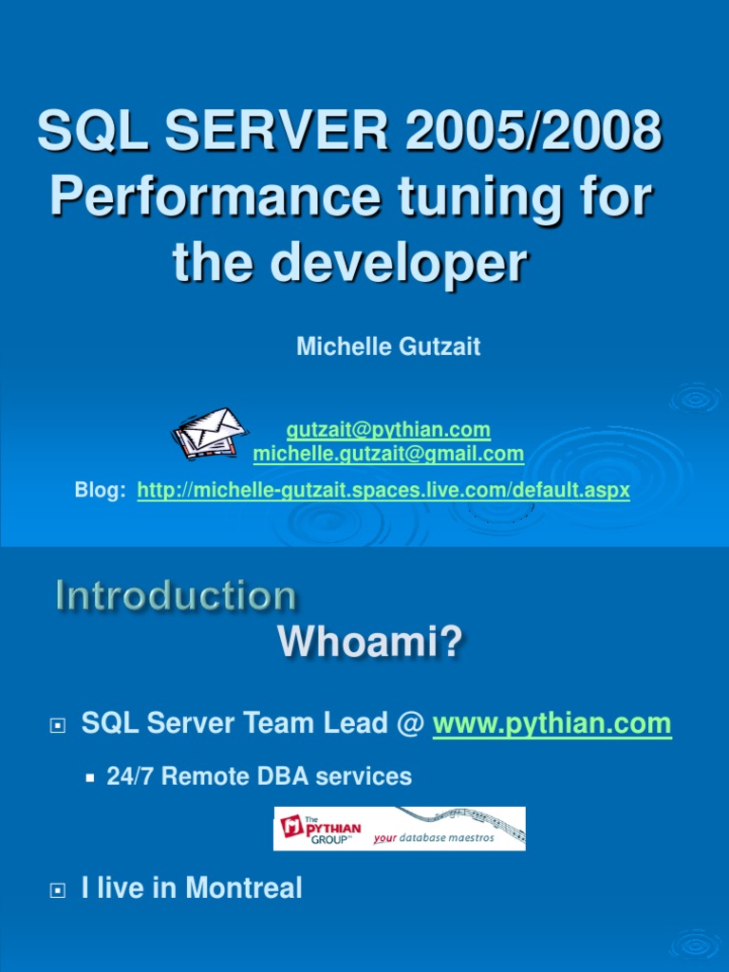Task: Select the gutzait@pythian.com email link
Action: (388, 430)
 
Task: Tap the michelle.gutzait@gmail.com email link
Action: (388, 454)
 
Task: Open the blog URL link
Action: (383, 491)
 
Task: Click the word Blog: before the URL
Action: (100, 491)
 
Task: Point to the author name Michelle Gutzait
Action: (388, 346)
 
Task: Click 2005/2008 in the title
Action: (533, 131)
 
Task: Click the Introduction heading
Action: (176, 596)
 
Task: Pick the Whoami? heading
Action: (370, 645)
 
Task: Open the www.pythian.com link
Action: (551, 724)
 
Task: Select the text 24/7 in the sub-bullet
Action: (128, 776)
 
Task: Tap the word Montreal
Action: (244, 888)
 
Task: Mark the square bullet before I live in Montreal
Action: (57, 890)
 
